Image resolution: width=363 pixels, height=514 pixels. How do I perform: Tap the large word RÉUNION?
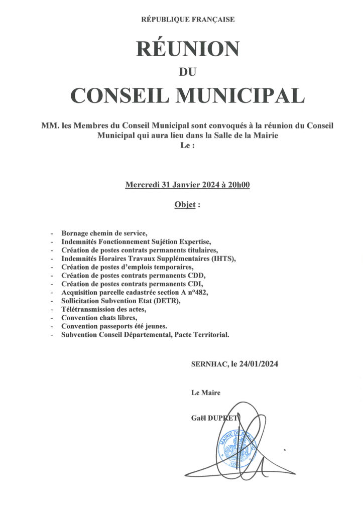click(x=187, y=49)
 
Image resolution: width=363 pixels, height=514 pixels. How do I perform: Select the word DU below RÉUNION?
click(x=187, y=72)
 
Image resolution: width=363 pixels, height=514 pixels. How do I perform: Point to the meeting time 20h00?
click(x=239, y=185)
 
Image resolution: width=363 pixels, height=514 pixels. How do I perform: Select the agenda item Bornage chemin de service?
click(x=104, y=233)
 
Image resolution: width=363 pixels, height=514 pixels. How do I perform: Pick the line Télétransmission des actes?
click(x=104, y=309)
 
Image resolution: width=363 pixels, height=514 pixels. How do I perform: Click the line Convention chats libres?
click(x=99, y=318)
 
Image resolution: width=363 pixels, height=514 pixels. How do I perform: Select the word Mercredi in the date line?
click(x=142, y=185)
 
